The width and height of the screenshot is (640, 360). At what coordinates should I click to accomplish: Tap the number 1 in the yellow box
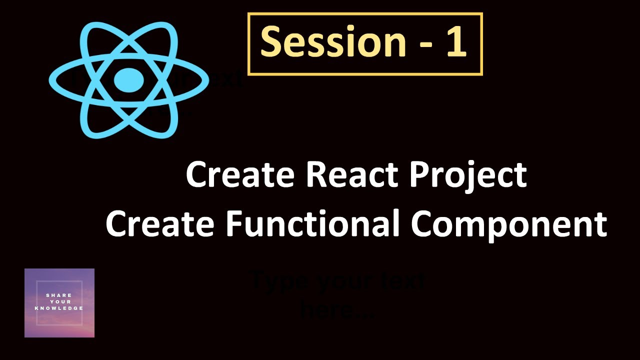[x=455, y=43]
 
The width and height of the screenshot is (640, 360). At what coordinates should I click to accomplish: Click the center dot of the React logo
[x=128, y=80]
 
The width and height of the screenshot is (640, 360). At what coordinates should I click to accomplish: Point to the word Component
[x=509, y=225]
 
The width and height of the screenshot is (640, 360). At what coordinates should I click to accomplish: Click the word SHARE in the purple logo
[x=59, y=295]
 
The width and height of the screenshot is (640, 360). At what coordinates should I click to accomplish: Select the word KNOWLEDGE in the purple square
[x=59, y=308]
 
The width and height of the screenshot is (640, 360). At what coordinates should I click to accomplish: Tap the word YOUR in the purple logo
[x=59, y=302]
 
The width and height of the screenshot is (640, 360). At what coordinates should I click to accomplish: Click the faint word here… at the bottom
[x=337, y=311]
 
